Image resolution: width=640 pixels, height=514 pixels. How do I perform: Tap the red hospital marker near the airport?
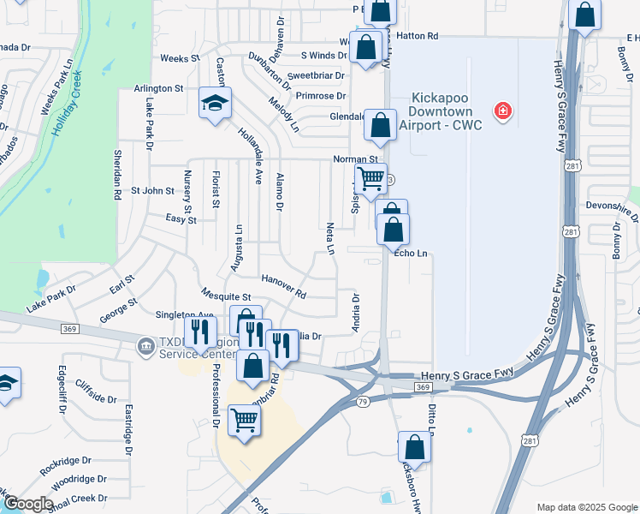coord(503,111)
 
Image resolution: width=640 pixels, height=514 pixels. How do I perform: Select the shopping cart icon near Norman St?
coord(370,180)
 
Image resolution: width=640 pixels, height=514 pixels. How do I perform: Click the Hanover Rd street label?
coord(283,285)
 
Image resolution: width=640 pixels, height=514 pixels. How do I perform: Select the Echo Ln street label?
coord(411,253)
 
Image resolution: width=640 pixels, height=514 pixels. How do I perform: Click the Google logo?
coord(27,504)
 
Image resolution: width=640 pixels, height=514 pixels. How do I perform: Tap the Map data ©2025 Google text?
coord(586,506)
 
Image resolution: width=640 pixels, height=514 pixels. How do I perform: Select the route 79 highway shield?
coord(363,399)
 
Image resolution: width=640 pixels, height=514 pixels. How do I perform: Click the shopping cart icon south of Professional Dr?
coord(245,421)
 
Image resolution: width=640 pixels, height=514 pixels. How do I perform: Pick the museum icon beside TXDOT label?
coord(145,346)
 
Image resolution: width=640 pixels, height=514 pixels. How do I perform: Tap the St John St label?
coord(152,190)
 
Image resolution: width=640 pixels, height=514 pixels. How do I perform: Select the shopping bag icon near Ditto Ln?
coord(414,448)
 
